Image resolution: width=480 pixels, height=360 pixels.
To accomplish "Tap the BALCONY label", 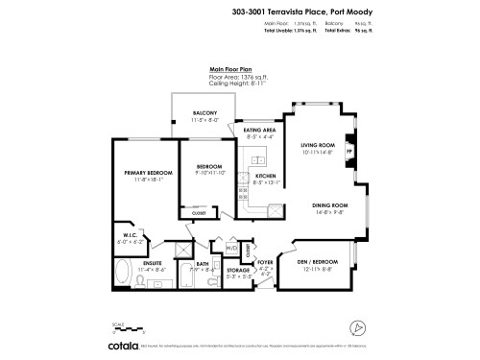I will click(x=204, y=113).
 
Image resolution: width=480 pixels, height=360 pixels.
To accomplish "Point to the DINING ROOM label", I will click(x=328, y=205).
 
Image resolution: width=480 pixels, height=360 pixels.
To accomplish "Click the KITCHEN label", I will click(x=265, y=177).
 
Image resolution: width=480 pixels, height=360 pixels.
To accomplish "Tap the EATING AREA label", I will click(x=259, y=130).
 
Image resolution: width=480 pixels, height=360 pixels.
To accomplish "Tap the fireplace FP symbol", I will click(x=349, y=151).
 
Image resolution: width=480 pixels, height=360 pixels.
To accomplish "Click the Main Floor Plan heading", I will click(x=230, y=70).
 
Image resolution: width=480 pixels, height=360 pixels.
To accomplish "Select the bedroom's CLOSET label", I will click(x=200, y=213).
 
